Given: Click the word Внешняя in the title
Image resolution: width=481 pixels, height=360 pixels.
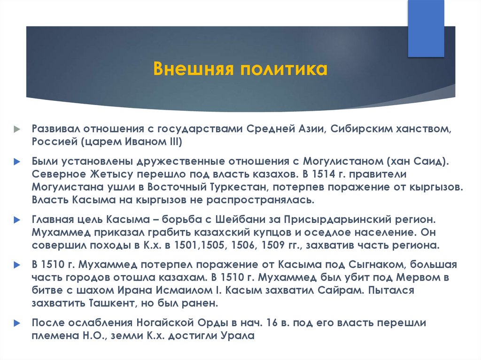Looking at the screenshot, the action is pos(194,69).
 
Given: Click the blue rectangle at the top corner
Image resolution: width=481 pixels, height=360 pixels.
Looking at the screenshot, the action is pos(426,29).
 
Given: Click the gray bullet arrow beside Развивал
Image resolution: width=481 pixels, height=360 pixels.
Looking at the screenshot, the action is pos(17,129).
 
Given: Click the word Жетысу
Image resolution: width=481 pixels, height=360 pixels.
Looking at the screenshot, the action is pos(112,174).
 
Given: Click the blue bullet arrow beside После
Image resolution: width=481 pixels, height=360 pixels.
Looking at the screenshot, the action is pos(17,323).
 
